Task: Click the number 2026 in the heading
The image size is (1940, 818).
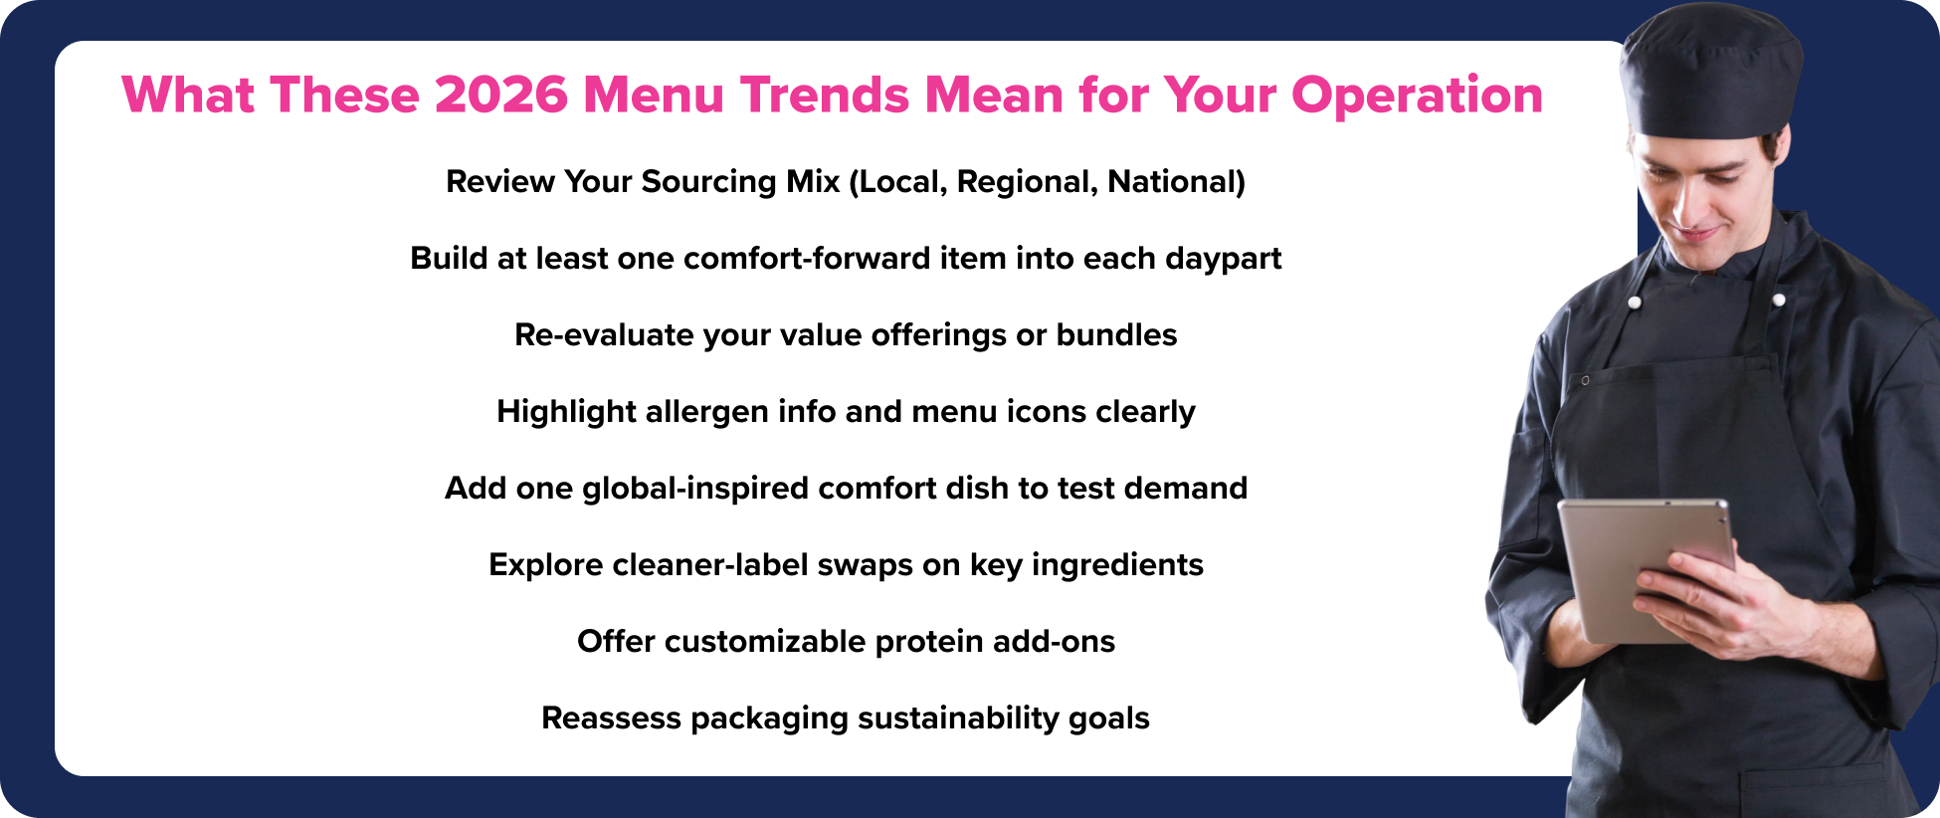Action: [x=500, y=96]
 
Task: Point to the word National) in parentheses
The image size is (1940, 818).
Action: [x=1176, y=182]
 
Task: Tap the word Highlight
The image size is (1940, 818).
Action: [x=566, y=412]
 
